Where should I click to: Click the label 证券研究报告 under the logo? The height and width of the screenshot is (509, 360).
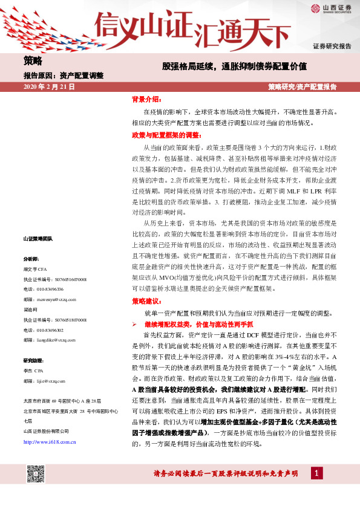(332, 46)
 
